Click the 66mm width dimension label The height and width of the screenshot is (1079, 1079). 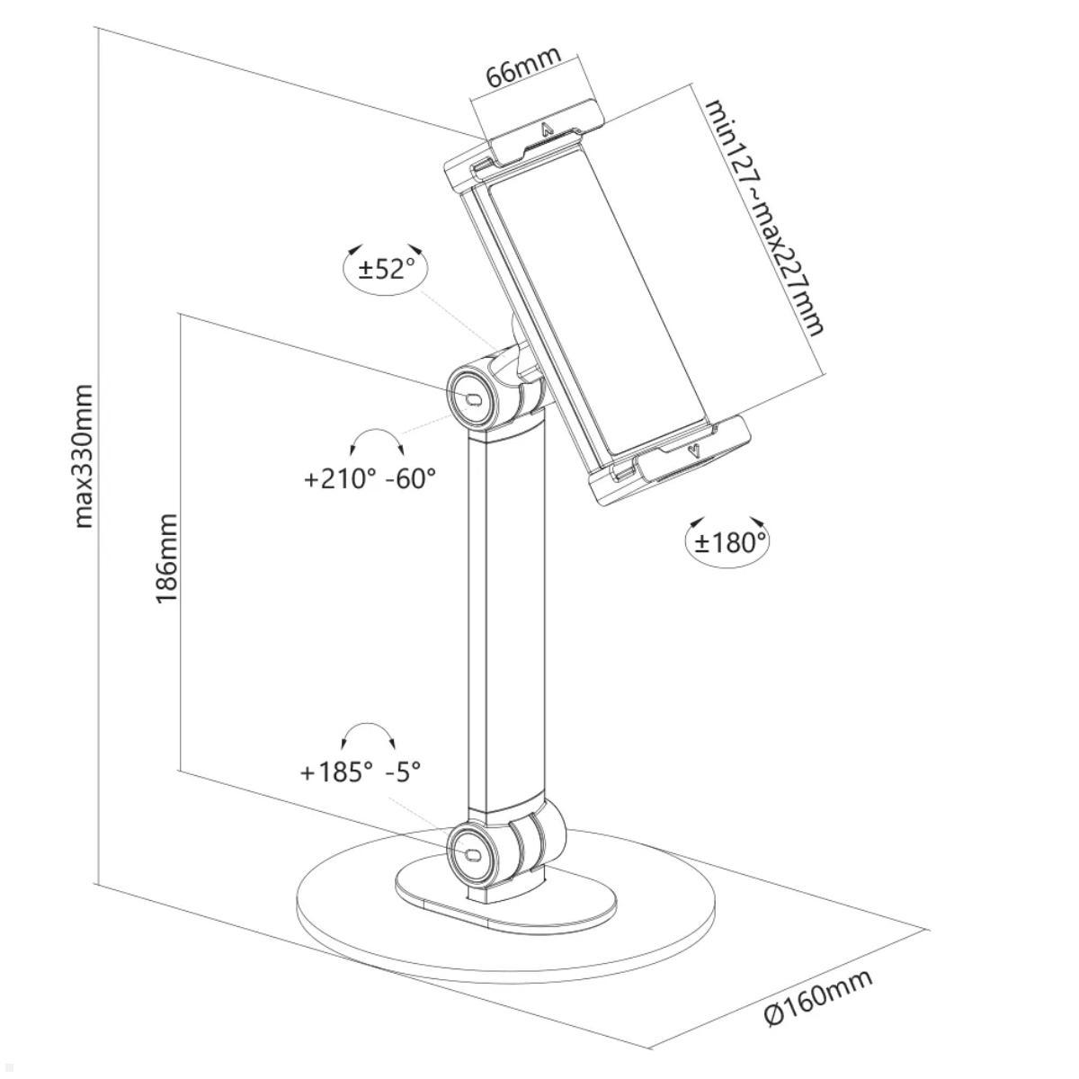523,66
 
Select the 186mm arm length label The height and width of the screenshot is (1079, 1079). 168,557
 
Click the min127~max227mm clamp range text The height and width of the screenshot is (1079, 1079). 764,217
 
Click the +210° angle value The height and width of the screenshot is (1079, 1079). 340,478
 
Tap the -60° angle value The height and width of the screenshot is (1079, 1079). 411,478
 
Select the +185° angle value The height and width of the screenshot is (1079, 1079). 336,771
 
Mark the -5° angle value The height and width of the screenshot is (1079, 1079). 403,771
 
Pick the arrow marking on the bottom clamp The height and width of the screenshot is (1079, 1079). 692,449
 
